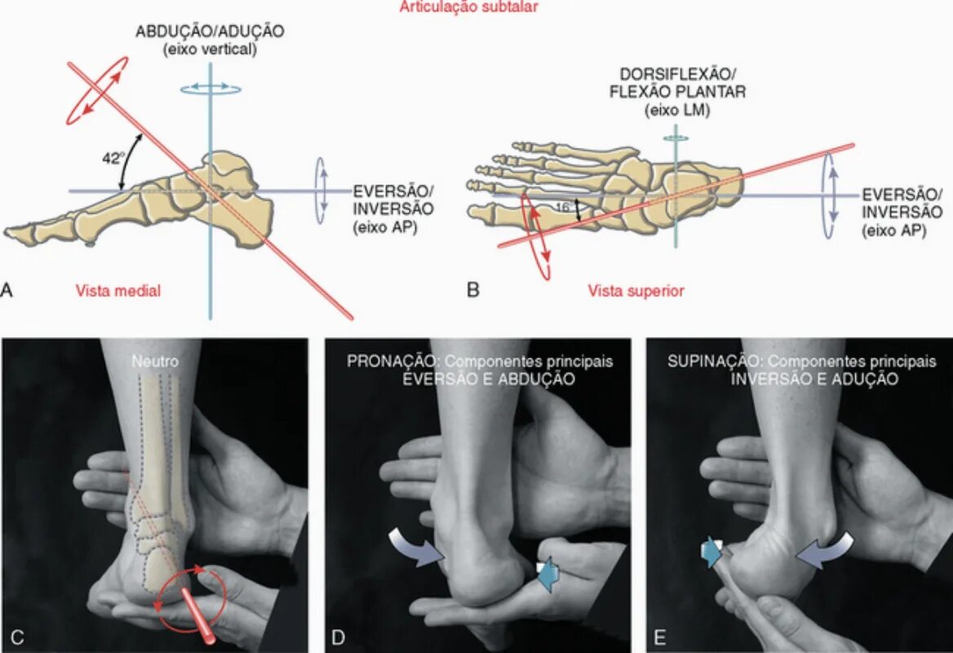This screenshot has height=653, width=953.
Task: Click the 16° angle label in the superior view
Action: pyautogui.click(x=563, y=208)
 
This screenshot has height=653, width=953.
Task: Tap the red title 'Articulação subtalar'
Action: pyautogui.click(x=468, y=7)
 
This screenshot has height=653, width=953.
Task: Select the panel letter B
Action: pyautogui.click(x=472, y=288)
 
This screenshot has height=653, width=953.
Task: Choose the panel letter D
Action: pyautogui.click(x=337, y=637)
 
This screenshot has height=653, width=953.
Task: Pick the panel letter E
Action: pyautogui.click(x=658, y=637)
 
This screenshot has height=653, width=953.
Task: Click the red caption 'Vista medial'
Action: pyautogui.click(x=118, y=291)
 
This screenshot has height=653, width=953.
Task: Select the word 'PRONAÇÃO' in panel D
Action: pyautogui.click(x=384, y=361)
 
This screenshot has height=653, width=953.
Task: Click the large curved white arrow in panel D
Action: pyautogui.click(x=414, y=544)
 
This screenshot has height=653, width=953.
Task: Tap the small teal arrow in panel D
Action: pyautogui.click(x=547, y=574)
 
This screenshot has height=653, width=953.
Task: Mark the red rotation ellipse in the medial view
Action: pyautogui.click(x=97, y=91)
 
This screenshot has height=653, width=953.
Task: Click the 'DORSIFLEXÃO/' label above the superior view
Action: pyautogui.click(x=676, y=76)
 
